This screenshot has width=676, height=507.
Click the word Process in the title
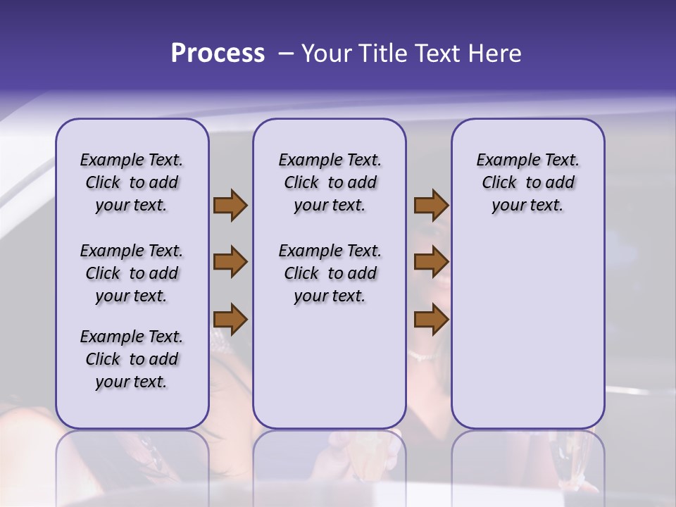pyautogui.click(x=218, y=54)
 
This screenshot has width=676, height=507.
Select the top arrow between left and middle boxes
pyautogui.click(x=230, y=206)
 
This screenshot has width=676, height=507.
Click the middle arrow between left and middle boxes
pyautogui.click(x=230, y=262)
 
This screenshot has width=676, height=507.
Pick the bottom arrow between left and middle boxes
pyautogui.click(x=230, y=320)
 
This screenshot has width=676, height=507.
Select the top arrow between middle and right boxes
pyautogui.click(x=431, y=206)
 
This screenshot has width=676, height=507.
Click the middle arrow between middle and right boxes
pyautogui.click(x=431, y=262)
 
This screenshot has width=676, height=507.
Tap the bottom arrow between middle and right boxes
pyautogui.click(x=431, y=320)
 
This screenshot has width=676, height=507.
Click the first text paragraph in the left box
pyautogui.click(x=132, y=182)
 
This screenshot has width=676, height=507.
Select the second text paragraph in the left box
pyautogui.click(x=132, y=273)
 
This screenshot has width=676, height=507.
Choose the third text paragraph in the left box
pyautogui.click(x=132, y=359)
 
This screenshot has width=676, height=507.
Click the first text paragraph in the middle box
pyautogui.click(x=330, y=182)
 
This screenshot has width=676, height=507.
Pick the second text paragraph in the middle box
pyautogui.click(x=330, y=273)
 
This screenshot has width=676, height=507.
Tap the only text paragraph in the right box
pyautogui.click(x=527, y=182)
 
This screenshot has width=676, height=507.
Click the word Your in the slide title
pyautogui.click(x=326, y=54)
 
